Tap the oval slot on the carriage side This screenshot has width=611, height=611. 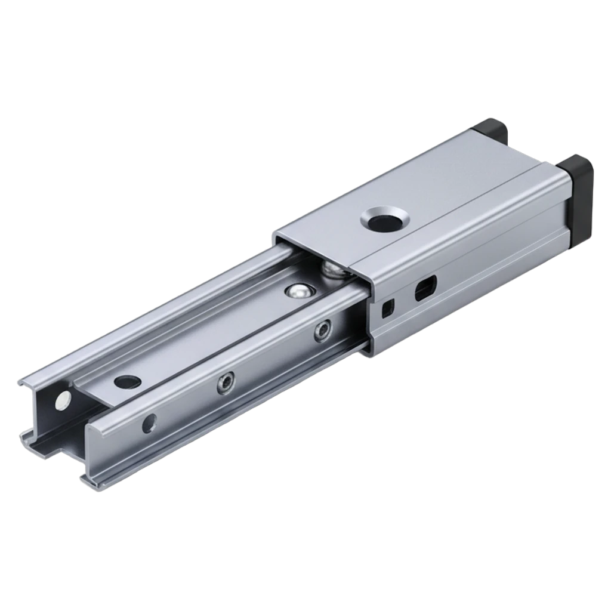(x=425, y=287)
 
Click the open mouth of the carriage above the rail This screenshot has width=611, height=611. (x=316, y=251)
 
